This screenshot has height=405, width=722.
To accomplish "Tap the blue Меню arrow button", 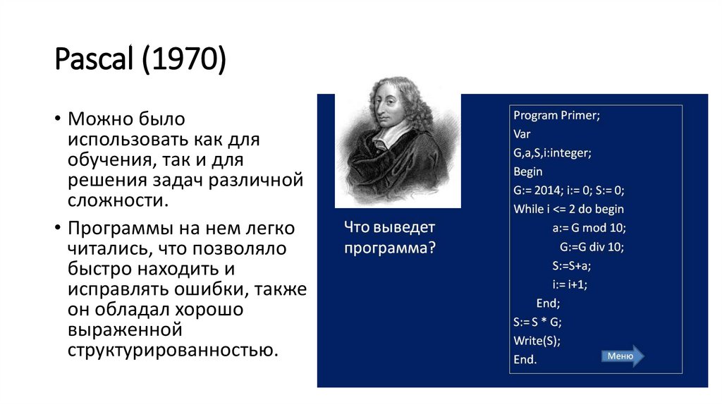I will pos(623,356).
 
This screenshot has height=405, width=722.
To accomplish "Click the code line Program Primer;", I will pos(557,115).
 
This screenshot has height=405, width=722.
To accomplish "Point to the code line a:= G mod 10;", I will pos(589,228).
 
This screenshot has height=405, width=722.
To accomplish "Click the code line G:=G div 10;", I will pos(592,247).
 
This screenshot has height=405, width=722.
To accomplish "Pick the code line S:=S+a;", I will pos(572,266).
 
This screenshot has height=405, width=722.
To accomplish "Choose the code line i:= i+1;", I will pos(569,284).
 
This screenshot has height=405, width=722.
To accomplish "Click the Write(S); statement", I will pos(537,341).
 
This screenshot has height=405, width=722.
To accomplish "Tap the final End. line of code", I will pos(525,359).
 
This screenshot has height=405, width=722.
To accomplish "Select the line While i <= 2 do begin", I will pos(568,209).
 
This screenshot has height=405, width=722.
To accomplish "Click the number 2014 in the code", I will pos(545,190).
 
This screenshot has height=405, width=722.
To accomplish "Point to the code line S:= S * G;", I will pos(537,322).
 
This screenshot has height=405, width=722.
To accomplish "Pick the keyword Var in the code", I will pos(522,133).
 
